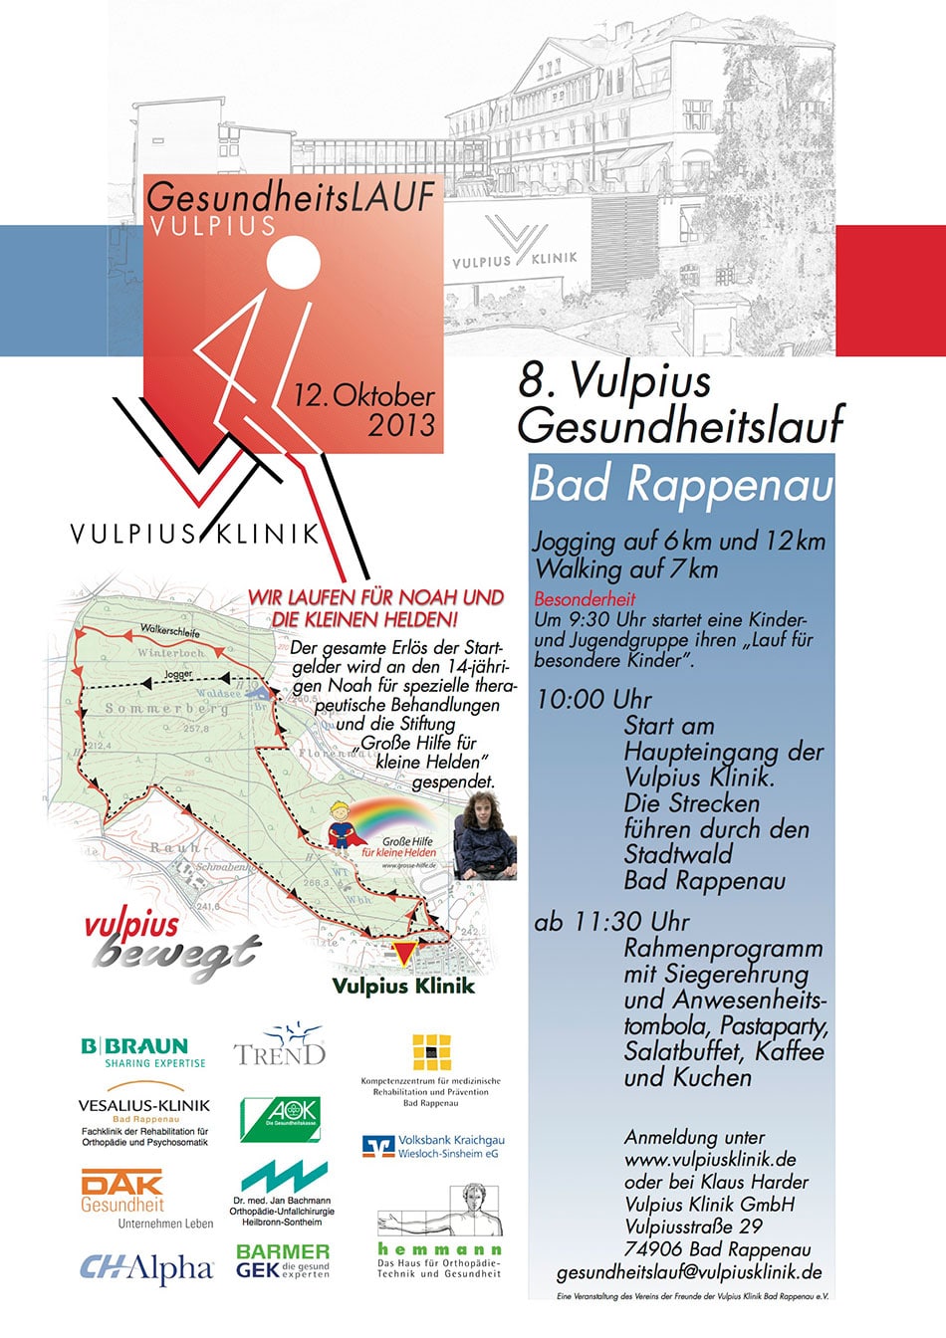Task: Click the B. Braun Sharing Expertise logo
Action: (x=143, y=1051)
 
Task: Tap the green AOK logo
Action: (x=280, y=1119)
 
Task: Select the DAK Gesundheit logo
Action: (x=122, y=1192)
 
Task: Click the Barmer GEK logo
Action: (x=283, y=1260)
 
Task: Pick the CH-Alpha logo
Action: (x=146, y=1268)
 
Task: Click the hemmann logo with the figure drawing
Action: (x=439, y=1231)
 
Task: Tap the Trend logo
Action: (x=280, y=1047)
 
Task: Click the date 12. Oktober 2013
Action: (x=364, y=410)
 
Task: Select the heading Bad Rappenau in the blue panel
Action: (x=681, y=485)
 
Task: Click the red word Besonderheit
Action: (x=585, y=599)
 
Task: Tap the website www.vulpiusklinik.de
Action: (x=710, y=1159)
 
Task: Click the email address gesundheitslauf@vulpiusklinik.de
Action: (x=689, y=1271)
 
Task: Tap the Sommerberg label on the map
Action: (x=166, y=709)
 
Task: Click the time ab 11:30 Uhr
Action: (x=611, y=922)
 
